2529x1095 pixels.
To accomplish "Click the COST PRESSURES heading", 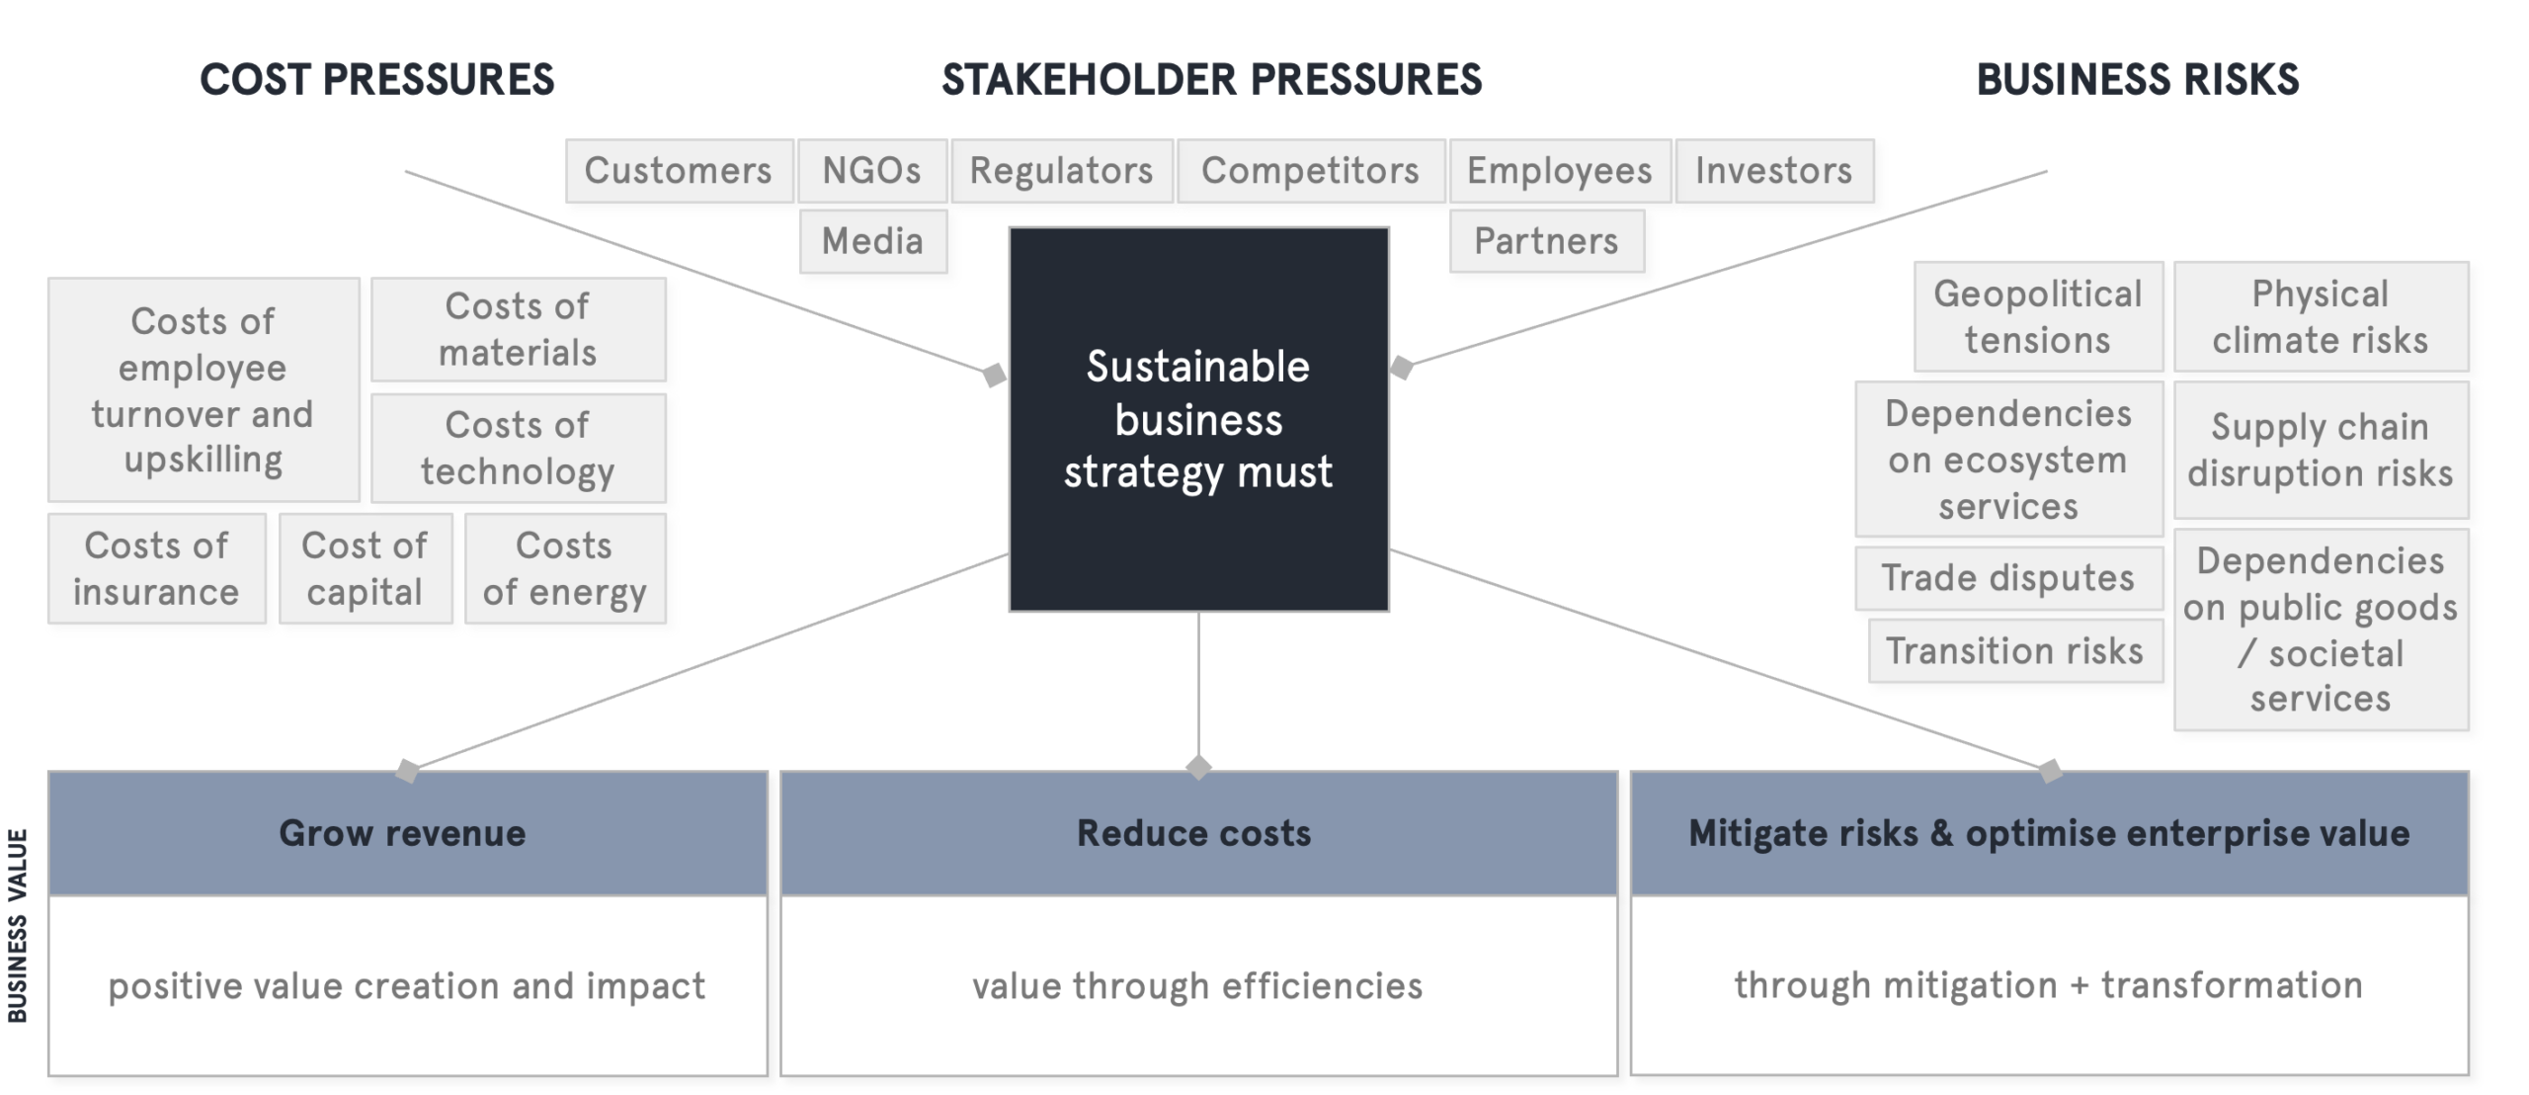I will coord(376,80).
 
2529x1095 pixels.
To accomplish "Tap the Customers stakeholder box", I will coord(679,171).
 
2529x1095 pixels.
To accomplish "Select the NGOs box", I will coord(872,171).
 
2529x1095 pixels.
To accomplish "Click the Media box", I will coord(872,241).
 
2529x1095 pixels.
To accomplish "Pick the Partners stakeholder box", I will coord(1546,241).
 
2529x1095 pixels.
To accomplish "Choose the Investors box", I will coord(1774,171).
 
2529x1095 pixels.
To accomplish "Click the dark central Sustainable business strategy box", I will coord(1198,419).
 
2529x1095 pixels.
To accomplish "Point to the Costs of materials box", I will coord(518,329).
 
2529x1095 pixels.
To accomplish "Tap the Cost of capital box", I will coord(365,568).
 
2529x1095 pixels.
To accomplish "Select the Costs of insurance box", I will coord(156,568).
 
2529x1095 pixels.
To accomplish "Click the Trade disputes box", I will coord(2007,578).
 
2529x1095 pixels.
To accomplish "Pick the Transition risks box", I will coord(2014,651).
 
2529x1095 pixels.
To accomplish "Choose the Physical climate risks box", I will coord(2320,317).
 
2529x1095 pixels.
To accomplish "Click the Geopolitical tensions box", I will coord(2037,317).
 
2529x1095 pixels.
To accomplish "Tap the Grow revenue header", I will coord(402,833).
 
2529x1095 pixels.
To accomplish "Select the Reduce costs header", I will coord(1194,833).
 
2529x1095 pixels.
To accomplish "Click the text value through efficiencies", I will coord(1197,985).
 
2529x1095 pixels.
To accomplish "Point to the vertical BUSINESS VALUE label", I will coord(17,925).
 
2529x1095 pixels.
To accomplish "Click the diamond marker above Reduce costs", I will coord(1198,768).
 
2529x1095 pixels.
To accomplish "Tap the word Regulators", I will coord(1061,171).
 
